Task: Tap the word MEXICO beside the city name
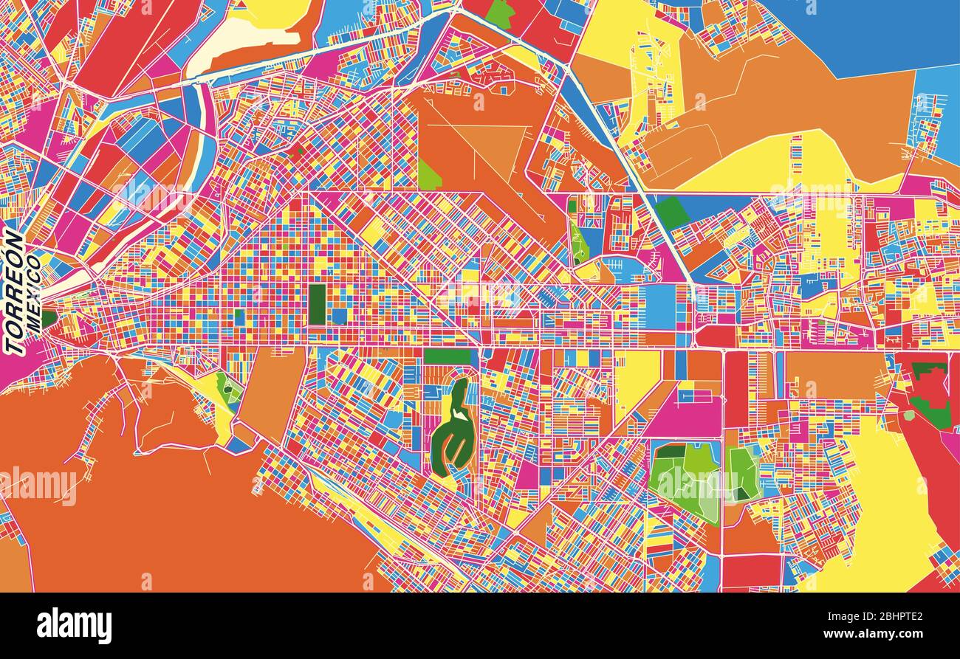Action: [33, 291]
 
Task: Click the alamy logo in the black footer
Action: [74, 625]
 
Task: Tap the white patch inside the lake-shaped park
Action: [462, 415]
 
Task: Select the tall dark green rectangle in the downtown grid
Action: [317, 303]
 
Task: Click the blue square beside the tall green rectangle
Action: [339, 316]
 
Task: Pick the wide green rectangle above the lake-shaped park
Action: [447, 356]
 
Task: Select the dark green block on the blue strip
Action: [671, 213]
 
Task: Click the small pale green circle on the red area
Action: [908, 415]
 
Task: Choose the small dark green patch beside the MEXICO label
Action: [49, 319]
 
